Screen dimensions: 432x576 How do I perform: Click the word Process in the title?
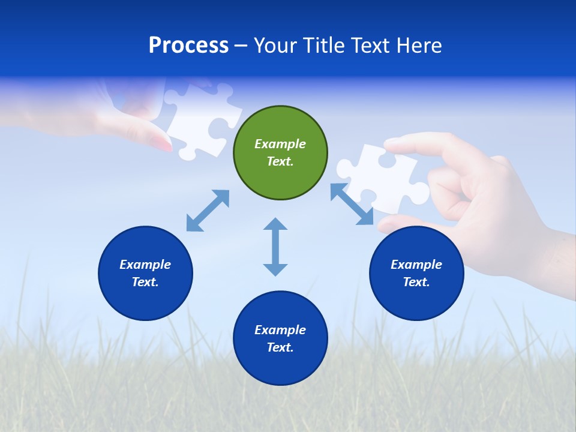(x=188, y=46)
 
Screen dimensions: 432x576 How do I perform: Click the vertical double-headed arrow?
(x=275, y=247)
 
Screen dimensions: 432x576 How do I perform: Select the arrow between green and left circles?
(x=208, y=211)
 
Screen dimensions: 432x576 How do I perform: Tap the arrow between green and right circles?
(x=352, y=204)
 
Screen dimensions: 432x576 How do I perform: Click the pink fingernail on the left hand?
(x=161, y=143)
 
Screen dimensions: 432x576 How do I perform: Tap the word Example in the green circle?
(x=280, y=144)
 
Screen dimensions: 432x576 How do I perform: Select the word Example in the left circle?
(x=145, y=265)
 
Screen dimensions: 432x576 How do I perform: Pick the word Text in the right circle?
(x=415, y=282)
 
